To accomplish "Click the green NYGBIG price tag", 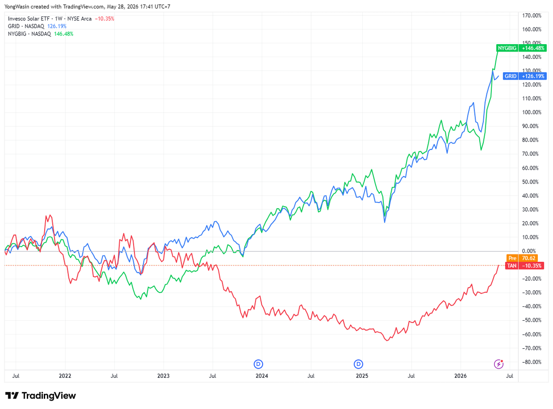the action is [521, 48].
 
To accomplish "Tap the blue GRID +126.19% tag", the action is [525, 76].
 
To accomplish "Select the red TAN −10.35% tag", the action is [524, 265].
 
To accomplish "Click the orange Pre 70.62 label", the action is [522, 258].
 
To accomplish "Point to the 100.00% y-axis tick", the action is [532, 112].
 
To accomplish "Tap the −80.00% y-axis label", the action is [531, 362].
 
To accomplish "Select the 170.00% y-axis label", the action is [532, 16].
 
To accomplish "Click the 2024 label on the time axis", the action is [262, 376].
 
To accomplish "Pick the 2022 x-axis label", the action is [65, 376].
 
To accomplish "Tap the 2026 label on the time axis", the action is [460, 376].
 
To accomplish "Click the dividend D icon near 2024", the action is [259, 364].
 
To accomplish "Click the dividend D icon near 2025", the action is [358, 364].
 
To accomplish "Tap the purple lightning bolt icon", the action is [499, 364].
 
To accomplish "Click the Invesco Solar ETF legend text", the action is [29, 19].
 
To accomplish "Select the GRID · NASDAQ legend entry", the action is [26, 26].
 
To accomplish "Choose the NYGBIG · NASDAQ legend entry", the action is [29, 34].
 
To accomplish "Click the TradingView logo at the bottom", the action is [41, 396].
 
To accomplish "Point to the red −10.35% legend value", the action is [105, 19].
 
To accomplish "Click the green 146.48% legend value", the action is [64, 34].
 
